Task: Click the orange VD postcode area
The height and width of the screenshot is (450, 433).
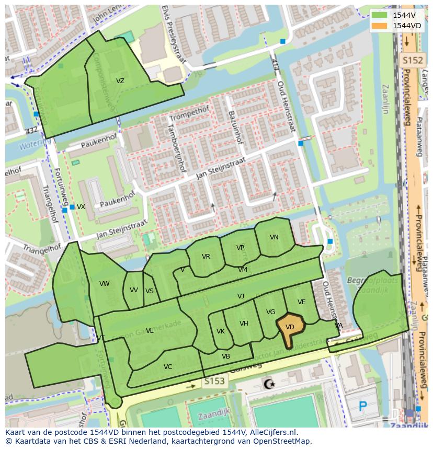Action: pos(290,327)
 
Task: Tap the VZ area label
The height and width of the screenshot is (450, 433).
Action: pos(120,81)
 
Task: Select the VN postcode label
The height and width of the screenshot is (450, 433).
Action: pos(274,237)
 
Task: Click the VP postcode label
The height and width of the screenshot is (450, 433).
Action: pos(240,248)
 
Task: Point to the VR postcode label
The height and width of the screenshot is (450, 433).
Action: pos(206,257)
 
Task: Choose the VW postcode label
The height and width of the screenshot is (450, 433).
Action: pos(105,284)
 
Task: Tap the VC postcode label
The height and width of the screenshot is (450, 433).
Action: pos(168,367)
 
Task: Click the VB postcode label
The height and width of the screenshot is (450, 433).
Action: pos(226,356)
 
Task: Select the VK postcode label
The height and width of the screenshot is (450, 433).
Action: pos(221,331)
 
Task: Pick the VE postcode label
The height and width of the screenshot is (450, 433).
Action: pos(302,302)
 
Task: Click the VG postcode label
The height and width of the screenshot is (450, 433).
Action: pos(270,312)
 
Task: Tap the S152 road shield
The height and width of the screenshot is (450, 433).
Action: pos(412,61)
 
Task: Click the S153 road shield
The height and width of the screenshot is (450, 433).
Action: pos(214,382)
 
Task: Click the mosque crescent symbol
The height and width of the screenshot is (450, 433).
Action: pos(269,385)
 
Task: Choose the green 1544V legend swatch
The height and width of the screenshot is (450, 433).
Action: pos(379,15)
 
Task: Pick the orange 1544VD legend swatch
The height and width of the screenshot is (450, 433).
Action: pos(379,26)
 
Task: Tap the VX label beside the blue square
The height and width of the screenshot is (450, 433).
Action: pos(81,207)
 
